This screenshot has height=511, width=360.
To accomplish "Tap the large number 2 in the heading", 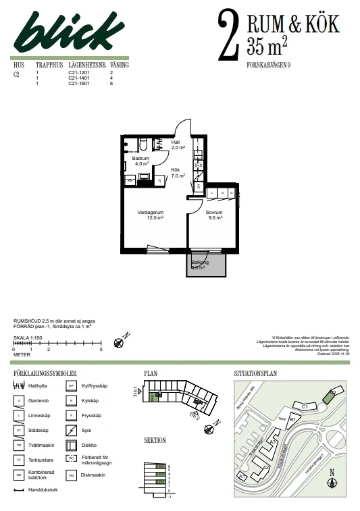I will tap(229, 35).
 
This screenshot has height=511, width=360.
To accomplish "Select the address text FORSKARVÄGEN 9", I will tap(269, 65).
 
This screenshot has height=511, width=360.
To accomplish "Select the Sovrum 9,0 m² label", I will tap(214, 215).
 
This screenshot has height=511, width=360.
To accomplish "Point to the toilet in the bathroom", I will tap(144, 142).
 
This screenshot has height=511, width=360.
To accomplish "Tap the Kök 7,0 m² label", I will tap(177, 172).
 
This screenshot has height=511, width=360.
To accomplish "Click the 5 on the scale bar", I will tap(101, 349).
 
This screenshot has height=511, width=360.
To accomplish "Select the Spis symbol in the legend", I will tap(70, 430).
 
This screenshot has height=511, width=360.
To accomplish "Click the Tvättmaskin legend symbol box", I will tap(20, 445).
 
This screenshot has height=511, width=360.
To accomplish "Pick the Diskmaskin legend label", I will tap(93, 475).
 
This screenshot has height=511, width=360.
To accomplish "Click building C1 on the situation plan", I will tap(305, 406).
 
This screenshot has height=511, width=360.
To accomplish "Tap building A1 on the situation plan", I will tap(242, 476).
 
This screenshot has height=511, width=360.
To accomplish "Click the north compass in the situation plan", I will tap(331, 482).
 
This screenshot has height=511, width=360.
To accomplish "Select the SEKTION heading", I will tap(155, 440).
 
